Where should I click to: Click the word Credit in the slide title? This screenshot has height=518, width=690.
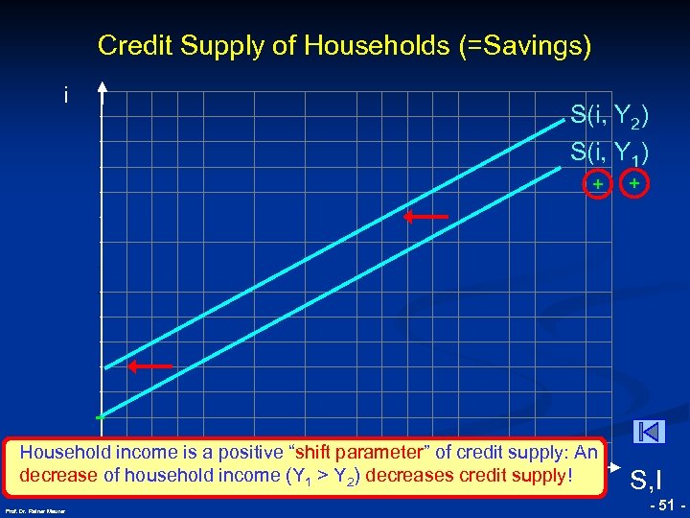128,45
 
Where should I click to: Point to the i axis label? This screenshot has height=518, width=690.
66,96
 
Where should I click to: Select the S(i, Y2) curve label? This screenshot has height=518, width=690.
609,117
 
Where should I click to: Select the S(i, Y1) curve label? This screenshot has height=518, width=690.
609,151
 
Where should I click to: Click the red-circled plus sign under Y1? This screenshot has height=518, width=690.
634,181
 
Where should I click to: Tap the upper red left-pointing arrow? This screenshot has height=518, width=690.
425,218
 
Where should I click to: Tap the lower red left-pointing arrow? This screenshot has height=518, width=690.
151,365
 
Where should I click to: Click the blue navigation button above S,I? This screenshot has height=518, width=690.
649,432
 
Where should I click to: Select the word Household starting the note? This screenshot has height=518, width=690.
64,452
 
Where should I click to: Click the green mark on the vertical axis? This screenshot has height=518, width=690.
100,418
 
